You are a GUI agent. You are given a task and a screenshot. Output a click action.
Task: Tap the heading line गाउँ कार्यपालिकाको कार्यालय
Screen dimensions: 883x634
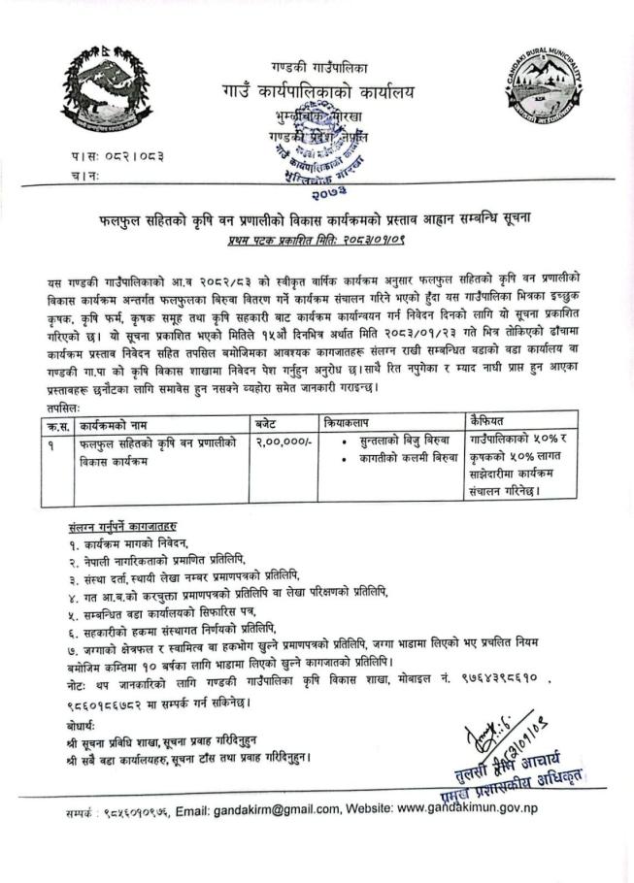(x=316, y=92)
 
